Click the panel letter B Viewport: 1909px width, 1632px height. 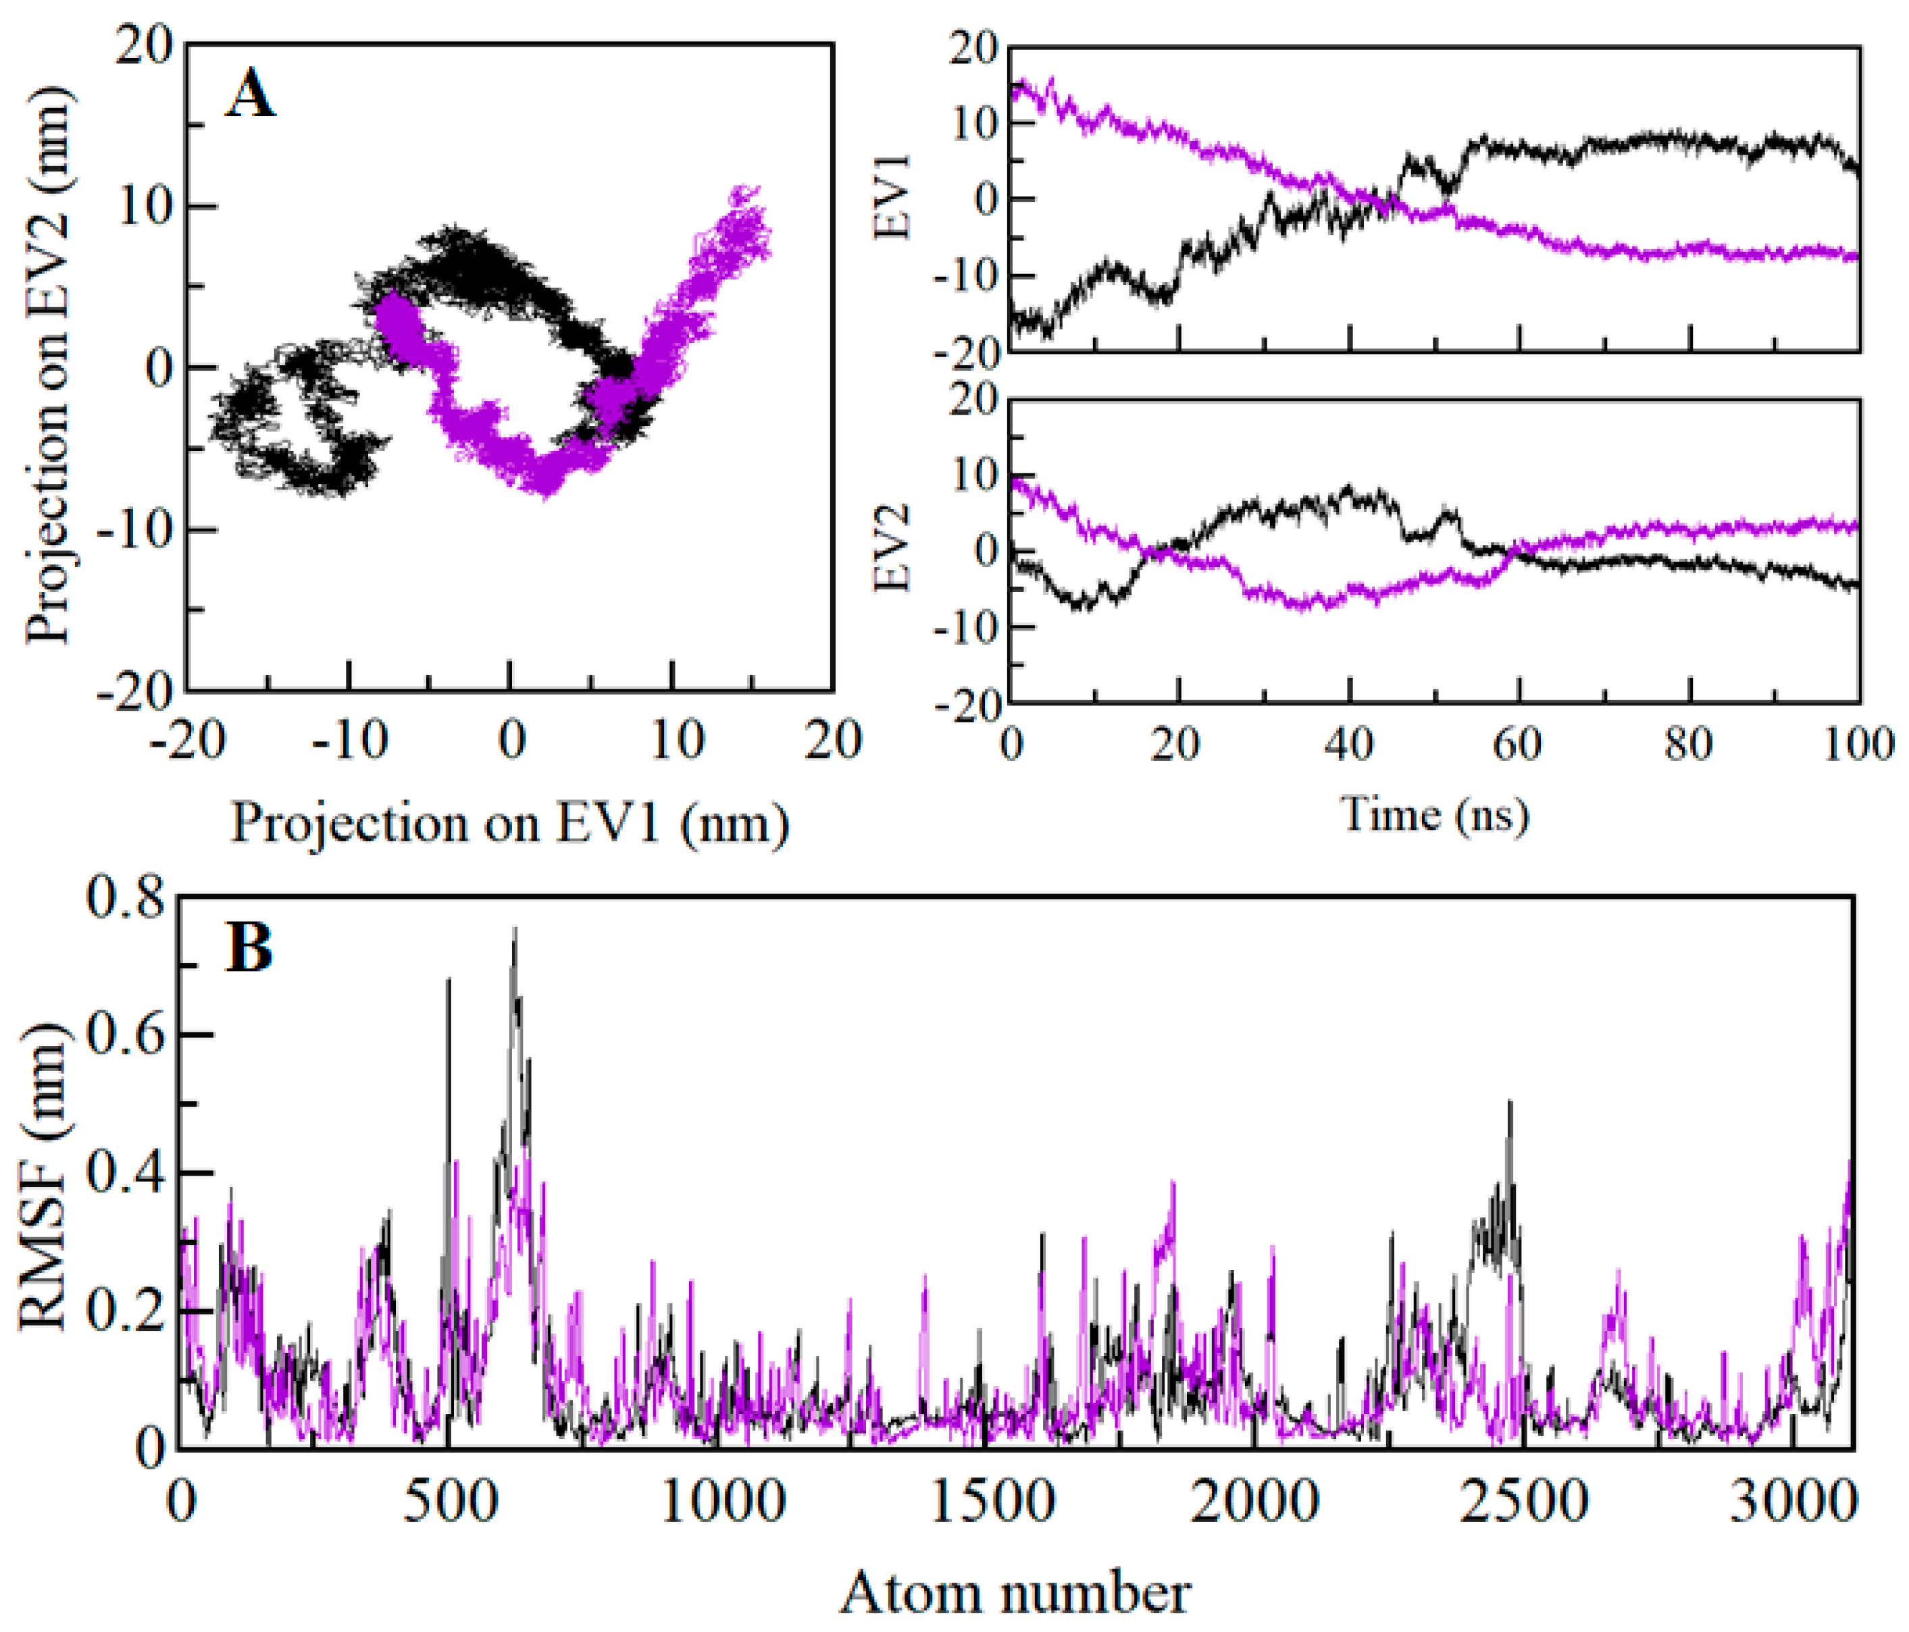click(x=250, y=949)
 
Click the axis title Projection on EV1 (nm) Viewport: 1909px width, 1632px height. click(x=509, y=822)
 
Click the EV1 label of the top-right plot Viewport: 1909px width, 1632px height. click(x=892, y=198)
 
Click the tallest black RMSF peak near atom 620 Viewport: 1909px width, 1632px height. click(x=515, y=930)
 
